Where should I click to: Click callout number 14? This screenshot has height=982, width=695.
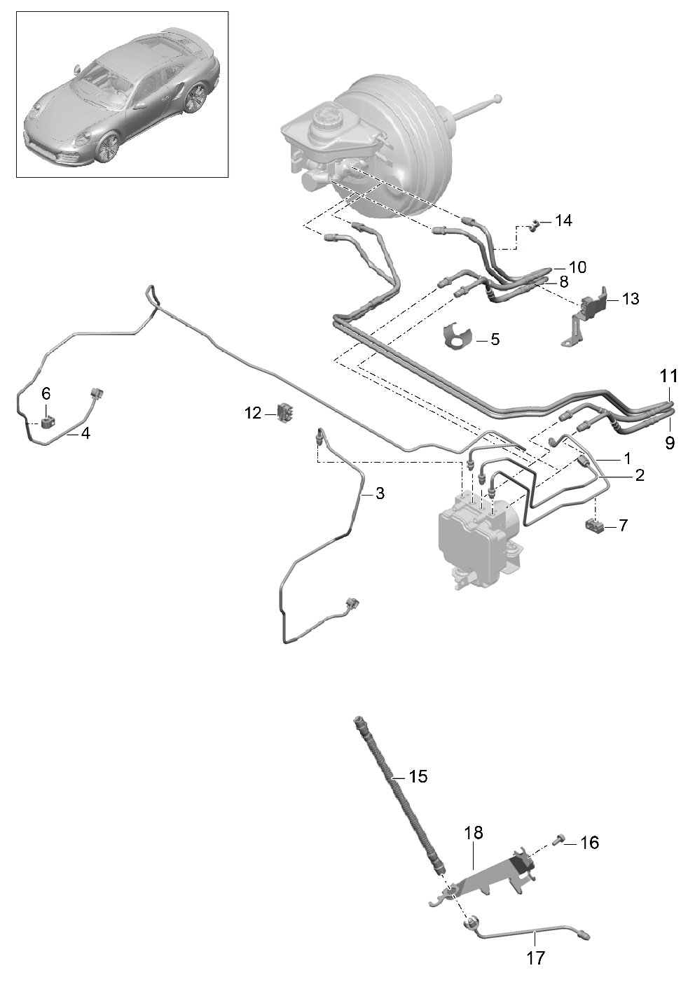(x=563, y=220)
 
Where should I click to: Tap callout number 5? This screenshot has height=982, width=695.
(x=495, y=339)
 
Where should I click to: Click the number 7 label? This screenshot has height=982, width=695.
(x=623, y=525)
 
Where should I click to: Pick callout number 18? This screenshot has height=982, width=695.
(x=474, y=832)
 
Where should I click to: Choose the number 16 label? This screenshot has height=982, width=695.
(x=589, y=842)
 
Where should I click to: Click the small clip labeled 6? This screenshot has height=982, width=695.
(x=47, y=423)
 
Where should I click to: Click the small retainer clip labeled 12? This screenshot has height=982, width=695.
(x=285, y=413)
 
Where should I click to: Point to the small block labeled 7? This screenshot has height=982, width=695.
(x=595, y=524)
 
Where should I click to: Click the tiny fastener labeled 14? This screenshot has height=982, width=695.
(x=535, y=226)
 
